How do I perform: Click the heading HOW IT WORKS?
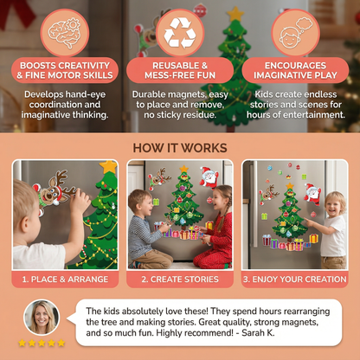click(180, 147)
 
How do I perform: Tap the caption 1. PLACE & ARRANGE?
click(64, 280)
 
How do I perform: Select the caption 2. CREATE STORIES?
click(180, 280)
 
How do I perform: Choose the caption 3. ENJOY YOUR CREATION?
click(295, 280)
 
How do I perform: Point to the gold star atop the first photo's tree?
click(108, 165)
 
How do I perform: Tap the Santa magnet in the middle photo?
click(208, 178)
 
